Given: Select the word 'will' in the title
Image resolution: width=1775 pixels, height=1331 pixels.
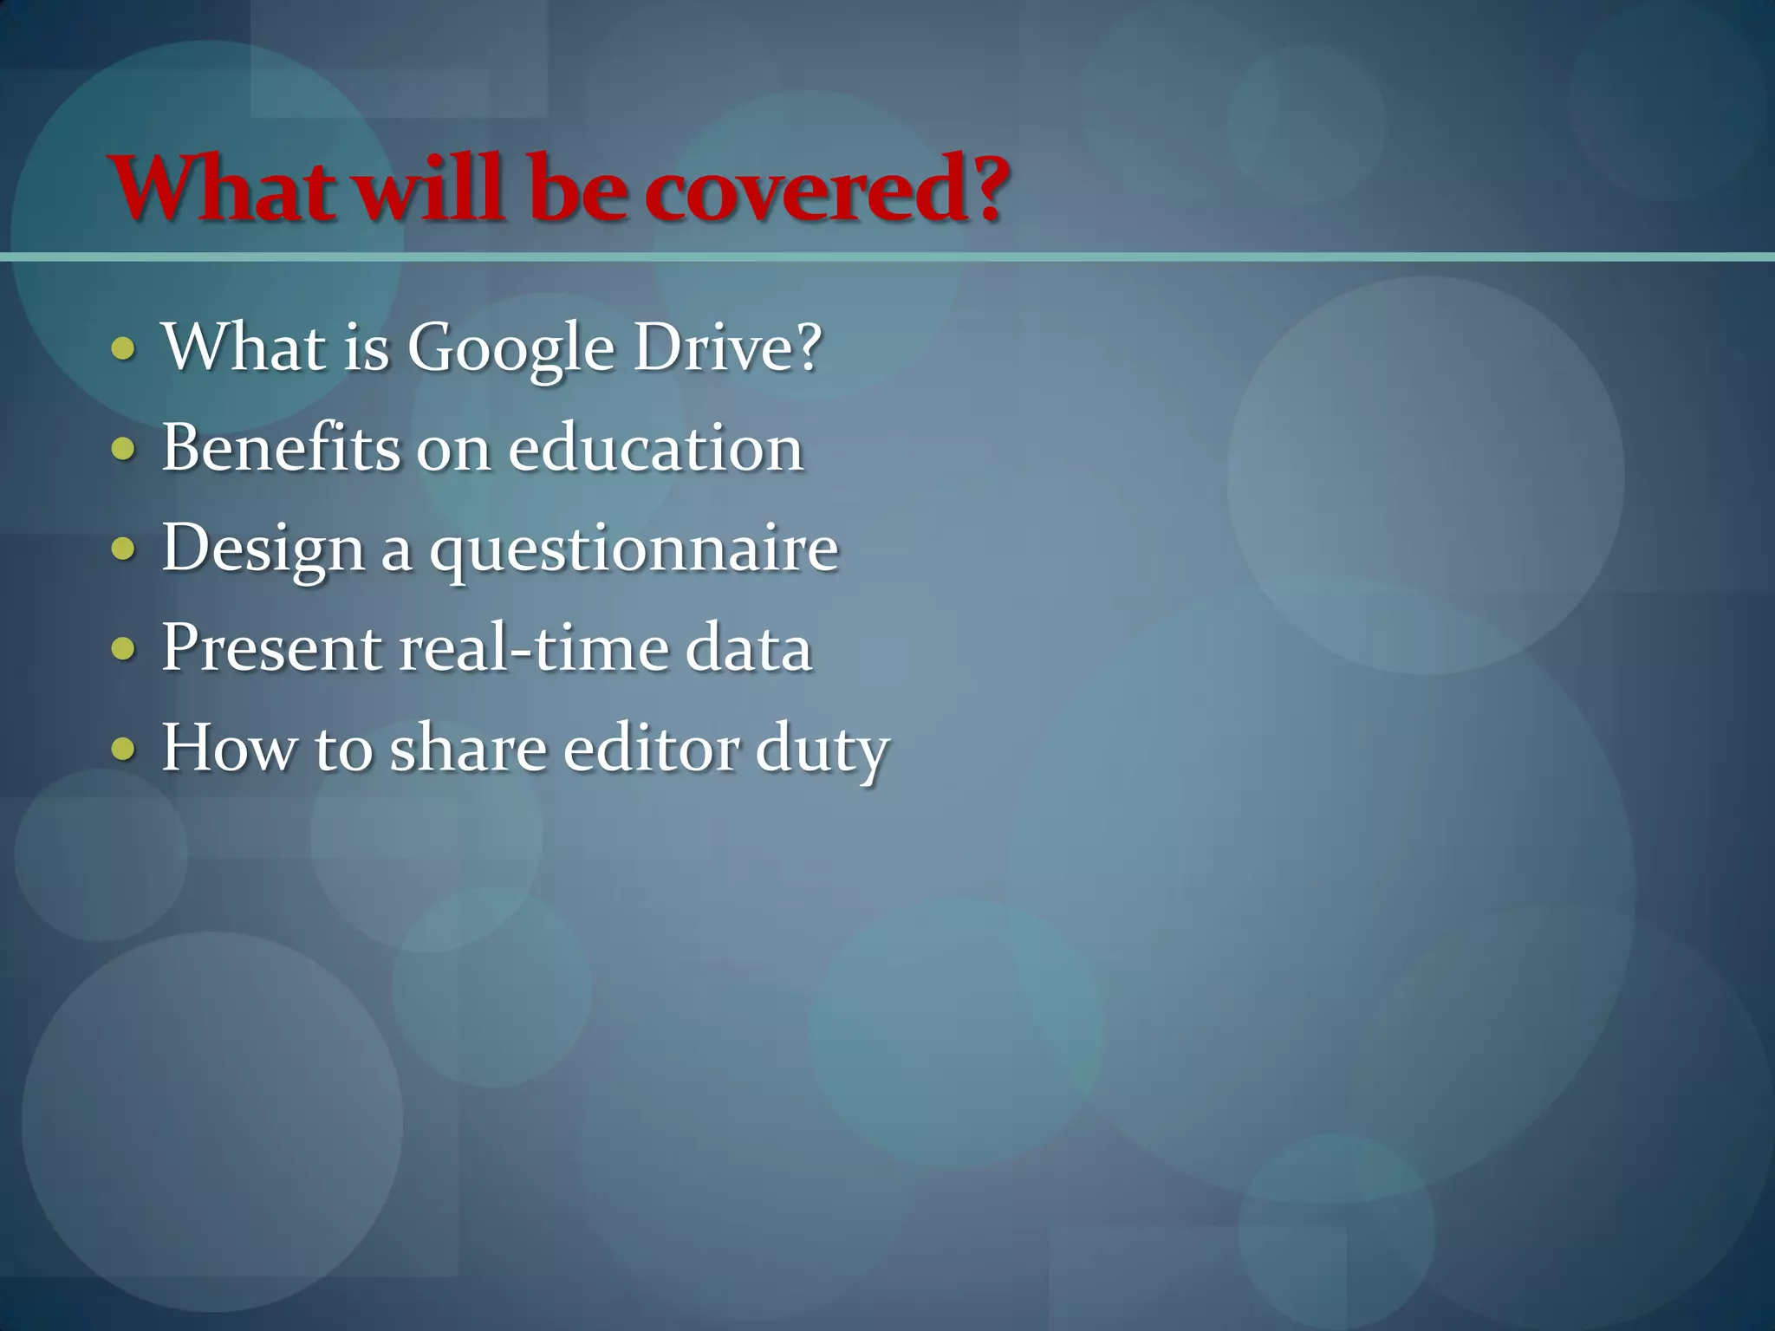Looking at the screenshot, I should [430, 189].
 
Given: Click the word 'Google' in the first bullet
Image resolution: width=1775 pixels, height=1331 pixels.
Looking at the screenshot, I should [510, 349].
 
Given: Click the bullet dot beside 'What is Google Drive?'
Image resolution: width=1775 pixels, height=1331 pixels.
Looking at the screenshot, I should [124, 348].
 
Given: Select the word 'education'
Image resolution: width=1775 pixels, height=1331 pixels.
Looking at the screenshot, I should [655, 448].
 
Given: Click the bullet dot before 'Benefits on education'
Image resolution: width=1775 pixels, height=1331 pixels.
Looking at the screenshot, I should [124, 449].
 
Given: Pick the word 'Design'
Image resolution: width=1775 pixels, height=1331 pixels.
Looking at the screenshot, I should [263, 549].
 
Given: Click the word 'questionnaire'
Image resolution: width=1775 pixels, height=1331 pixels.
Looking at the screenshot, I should [634, 549].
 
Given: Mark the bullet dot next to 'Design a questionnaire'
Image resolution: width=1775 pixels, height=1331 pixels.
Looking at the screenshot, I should [124, 549].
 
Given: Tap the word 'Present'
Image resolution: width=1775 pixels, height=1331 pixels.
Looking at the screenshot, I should [271, 648].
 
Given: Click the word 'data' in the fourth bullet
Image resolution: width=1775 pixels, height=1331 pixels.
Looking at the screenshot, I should [749, 648].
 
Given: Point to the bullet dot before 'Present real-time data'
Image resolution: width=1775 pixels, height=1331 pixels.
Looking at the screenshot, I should [124, 648].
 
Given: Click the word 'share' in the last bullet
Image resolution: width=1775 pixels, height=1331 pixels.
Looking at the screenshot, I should [468, 748].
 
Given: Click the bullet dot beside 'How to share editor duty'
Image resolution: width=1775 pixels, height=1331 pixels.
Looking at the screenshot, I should [124, 748].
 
